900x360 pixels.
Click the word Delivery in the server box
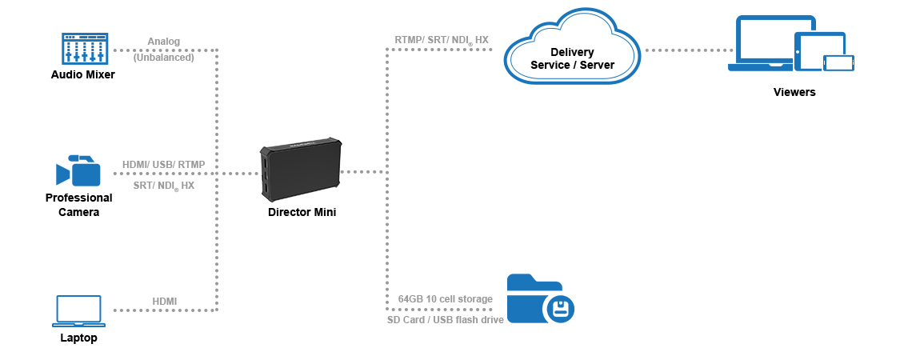572,53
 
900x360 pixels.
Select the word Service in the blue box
549,65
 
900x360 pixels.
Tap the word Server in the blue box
597,65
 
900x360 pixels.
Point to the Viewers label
794,92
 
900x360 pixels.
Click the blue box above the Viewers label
790,42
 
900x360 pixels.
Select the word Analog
163,42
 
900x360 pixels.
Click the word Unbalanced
163,58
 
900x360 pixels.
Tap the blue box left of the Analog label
85,49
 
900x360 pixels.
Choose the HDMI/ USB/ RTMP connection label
163,164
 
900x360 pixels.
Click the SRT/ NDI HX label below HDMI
163,186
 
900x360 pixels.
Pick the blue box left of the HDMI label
78,170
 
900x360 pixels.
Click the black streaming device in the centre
301,170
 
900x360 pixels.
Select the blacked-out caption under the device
302,212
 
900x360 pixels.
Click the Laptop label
78,338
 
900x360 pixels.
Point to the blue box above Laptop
78,311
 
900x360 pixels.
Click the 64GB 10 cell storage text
445,299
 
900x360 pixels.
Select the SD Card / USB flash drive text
445,319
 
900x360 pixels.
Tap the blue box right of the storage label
541,298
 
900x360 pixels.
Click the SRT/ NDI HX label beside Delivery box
445,40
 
